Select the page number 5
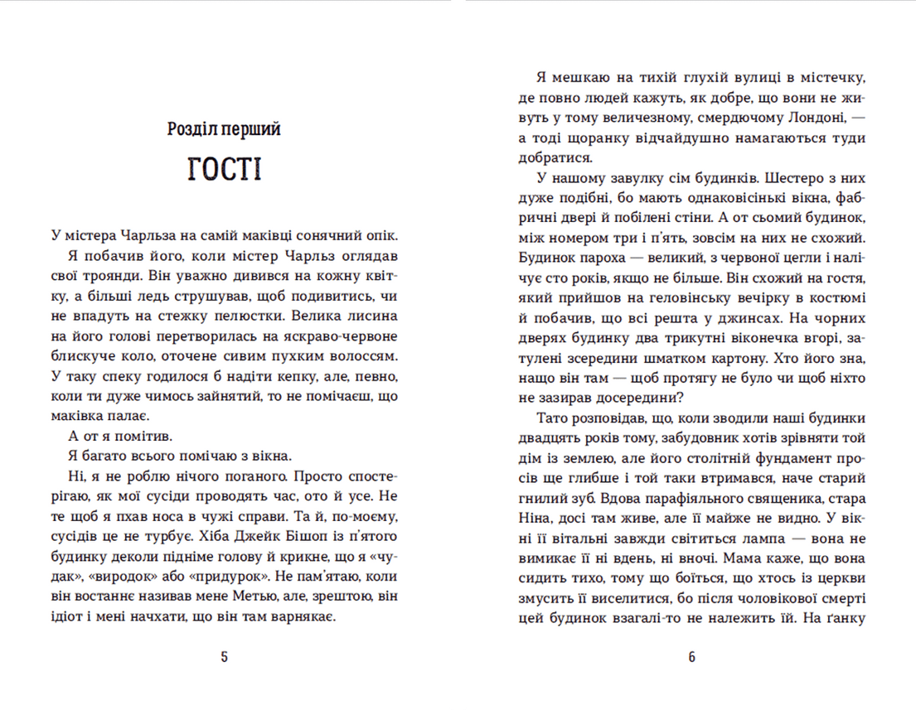tap(224, 659)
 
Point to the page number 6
tap(691, 659)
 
